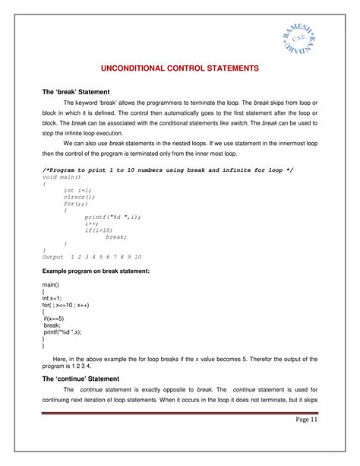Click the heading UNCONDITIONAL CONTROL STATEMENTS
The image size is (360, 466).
click(x=180, y=68)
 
